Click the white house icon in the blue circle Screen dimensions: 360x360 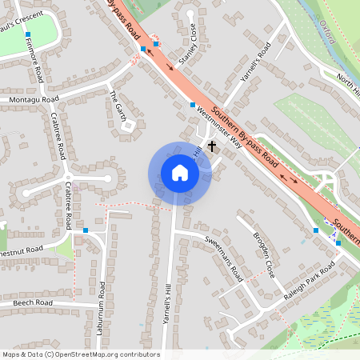point(180,173)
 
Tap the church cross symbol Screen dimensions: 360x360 point(212,146)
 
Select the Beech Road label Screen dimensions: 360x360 point(33,303)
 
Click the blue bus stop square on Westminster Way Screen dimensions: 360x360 point(193,105)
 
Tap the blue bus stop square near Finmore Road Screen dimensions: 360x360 point(27,35)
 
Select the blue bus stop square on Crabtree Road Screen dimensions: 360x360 point(86,230)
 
